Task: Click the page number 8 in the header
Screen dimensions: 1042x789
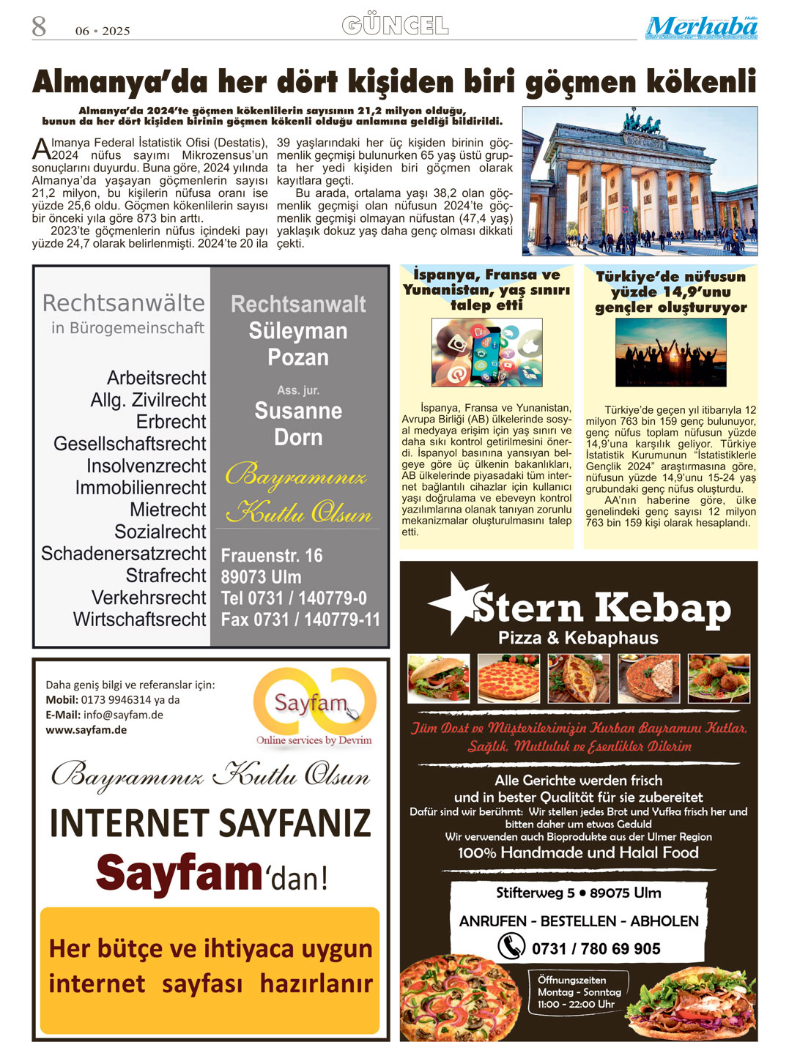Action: point(39,27)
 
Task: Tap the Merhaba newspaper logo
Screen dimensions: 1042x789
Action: point(701,28)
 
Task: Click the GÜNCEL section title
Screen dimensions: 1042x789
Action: point(395,26)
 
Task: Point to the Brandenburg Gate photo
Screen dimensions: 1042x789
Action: point(640,181)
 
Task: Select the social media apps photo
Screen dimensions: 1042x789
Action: point(486,352)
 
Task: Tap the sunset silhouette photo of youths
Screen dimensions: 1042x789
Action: point(670,352)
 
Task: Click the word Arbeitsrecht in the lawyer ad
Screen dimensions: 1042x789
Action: point(157,378)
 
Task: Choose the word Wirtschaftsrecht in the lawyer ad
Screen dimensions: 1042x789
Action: point(140,619)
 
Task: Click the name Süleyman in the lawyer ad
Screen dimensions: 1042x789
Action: point(298,331)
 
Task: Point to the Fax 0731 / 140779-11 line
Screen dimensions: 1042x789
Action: point(300,619)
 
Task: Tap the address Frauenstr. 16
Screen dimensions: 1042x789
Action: point(272,556)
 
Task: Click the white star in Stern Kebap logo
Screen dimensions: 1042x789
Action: point(456,603)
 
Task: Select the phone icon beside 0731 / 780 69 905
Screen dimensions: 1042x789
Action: point(511,946)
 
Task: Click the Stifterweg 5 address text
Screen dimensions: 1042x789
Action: point(578,893)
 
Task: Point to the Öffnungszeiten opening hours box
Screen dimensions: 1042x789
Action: point(579,991)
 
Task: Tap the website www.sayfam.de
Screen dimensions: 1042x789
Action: point(86,730)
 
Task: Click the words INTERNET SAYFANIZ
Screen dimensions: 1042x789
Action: point(210,822)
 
